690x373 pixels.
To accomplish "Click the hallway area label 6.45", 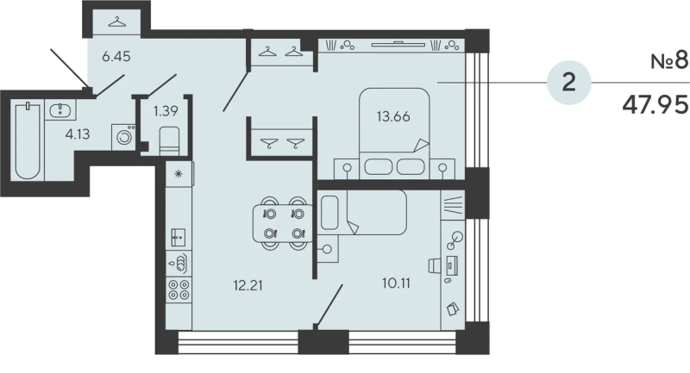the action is tap(116, 56).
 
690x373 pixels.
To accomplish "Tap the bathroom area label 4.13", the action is tap(78, 134).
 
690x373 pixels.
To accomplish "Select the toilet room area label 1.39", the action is tap(166, 111).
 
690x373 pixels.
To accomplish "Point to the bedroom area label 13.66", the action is tap(393, 116).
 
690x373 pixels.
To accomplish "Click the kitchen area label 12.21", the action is tap(248, 286).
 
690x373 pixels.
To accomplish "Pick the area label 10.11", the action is tap(396, 283).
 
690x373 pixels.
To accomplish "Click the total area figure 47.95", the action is tap(655, 104).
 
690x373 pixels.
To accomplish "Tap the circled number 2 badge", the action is tap(569, 82).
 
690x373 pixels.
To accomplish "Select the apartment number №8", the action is tap(669, 61).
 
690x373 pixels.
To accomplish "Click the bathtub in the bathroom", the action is tap(28, 140).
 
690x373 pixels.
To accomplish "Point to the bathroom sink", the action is tap(60, 110).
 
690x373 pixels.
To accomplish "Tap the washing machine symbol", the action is tap(123, 137).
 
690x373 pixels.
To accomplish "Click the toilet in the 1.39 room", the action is tap(169, 140).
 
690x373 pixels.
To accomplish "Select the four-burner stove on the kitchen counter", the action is tap(179, 289).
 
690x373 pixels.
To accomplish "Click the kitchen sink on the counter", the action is tap(179, 237).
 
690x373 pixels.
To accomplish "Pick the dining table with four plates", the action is tap(283, 224).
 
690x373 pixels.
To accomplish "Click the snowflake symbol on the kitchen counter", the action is tap(179, 174).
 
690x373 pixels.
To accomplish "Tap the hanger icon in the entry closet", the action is tap(116, 22).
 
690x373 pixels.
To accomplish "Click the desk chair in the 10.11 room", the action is tap(435, 265).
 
